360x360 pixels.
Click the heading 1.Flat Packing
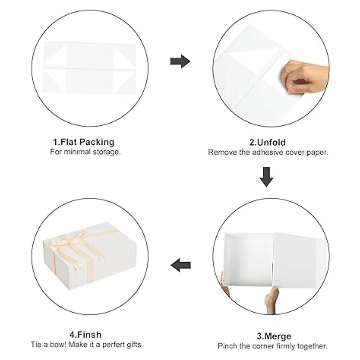[x=84, y=142]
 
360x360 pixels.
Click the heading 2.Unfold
[x=268, y=142]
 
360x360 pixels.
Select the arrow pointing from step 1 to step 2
[x=180, y=61]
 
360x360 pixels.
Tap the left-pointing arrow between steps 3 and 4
[x=181, y=265]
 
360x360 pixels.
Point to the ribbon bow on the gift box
[x=73, y=241]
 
